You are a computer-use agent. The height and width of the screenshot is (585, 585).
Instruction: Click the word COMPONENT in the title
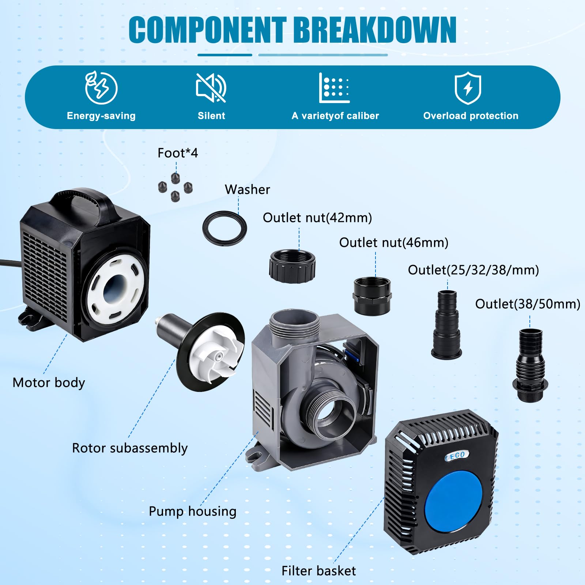(207, 30)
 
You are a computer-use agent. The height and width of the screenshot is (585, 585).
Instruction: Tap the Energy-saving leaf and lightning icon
(101, 87)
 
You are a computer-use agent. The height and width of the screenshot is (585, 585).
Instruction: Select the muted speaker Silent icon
(211, 87)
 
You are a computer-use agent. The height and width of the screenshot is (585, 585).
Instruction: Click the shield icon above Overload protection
(468, 88)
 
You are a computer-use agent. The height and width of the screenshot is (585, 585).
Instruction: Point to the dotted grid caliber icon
(334, 88)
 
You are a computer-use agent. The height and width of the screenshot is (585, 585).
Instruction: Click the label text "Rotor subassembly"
(130, 448)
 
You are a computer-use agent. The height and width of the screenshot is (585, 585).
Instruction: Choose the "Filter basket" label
(318, 571)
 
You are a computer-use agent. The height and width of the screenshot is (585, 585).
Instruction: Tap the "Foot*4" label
(178, 153)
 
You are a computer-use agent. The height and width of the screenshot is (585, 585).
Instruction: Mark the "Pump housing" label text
(193, 511)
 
